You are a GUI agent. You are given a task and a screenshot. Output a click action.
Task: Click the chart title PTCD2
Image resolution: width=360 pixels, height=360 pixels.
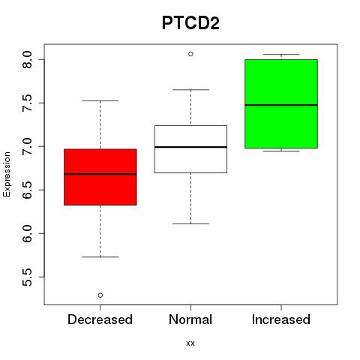(190, 23)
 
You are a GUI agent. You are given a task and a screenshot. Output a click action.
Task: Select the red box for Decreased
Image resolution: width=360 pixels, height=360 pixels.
(100, 177)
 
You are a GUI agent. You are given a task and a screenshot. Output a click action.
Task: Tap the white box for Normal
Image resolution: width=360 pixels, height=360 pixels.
(190, 149)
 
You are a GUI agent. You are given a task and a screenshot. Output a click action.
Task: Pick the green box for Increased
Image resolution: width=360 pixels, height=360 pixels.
(281, 103)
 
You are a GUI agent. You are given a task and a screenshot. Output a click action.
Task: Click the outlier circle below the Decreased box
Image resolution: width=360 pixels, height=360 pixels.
(100, 295)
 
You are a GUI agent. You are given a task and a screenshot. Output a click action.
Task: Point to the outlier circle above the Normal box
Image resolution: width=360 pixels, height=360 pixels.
(190, 54)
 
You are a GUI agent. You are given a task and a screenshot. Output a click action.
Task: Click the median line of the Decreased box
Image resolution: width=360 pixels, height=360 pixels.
(100, 174)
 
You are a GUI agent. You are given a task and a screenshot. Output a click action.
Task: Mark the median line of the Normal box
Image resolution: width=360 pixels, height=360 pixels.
(190, 147)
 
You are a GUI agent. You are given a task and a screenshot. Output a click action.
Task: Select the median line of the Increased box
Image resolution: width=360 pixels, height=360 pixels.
(281, 105)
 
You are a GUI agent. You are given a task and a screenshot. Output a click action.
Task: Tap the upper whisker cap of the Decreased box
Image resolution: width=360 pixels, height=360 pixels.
(100, 100)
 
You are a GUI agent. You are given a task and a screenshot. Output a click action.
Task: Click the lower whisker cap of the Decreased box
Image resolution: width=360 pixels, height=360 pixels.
(100, 256)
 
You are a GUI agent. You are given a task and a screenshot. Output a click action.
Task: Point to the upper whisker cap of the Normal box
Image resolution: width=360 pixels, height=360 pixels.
(190, 89)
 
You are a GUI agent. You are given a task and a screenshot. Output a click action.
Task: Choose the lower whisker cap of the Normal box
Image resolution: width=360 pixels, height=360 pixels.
(190, 223)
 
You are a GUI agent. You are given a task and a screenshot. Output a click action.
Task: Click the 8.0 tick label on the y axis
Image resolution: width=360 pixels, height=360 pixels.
(27, 59)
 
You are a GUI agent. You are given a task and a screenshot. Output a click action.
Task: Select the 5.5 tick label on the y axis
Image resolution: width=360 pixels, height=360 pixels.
(27, 277)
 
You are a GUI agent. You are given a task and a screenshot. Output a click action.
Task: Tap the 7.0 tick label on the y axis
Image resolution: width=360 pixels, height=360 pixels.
(27, 146)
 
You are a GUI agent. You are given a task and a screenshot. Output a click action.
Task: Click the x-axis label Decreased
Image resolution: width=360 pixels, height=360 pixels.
(100, 319)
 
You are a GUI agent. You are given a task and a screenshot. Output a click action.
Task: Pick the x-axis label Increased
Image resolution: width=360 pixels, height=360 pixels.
(281, 319)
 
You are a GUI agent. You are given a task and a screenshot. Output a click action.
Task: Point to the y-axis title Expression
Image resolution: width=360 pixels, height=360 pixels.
(7, 174)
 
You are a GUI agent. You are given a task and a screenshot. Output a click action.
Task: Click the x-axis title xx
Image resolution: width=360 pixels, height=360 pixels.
(190, 343)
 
